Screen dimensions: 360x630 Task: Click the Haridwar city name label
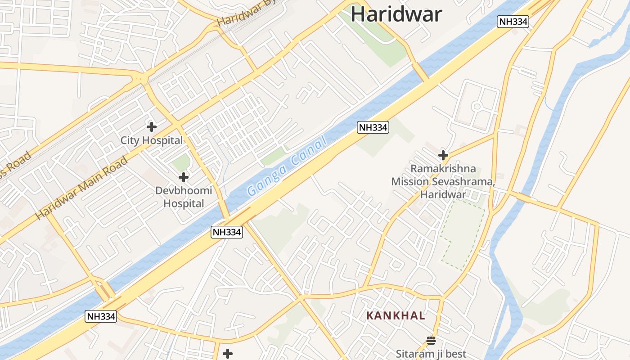(396, 14)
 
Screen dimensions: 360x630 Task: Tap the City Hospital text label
(152, 140)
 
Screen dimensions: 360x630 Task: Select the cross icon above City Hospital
(152, 127)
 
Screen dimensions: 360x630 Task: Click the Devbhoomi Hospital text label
(183, 197)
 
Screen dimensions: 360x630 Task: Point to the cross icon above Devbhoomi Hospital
(184, 177)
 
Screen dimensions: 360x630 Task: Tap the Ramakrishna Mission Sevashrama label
(443, 182)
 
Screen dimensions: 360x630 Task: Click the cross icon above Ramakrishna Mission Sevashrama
(443, 156)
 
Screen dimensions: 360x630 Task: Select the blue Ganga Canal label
(287, 168)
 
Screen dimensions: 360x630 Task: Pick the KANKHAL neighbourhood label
(396, 315)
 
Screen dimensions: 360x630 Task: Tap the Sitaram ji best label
(431, 354)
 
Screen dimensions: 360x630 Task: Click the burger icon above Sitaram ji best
(431, 340)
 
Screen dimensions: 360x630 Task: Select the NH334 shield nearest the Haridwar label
(513, 21)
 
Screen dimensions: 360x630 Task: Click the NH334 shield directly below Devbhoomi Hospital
(227, 232)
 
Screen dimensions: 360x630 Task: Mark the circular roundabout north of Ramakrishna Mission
(477, 107)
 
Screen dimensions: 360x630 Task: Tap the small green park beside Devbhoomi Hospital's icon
(181, 163)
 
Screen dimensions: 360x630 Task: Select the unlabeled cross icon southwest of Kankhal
(228, 354)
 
